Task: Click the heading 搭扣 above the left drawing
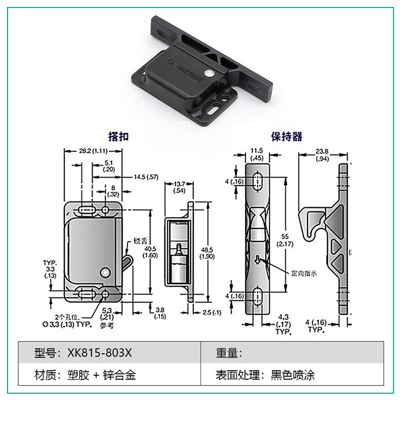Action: click(x=119, y=136)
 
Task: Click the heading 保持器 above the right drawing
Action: click(x=287, y=136)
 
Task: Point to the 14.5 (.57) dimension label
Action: click(x=146, y=177)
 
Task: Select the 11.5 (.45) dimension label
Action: click(x=257, y=154)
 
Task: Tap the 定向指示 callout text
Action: click(x=304, y=273)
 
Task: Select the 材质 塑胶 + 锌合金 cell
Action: click(x=85, y=375)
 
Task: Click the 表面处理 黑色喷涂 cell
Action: click(x=265, y=375)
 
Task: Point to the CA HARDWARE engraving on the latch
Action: click(x=190, y=71)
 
